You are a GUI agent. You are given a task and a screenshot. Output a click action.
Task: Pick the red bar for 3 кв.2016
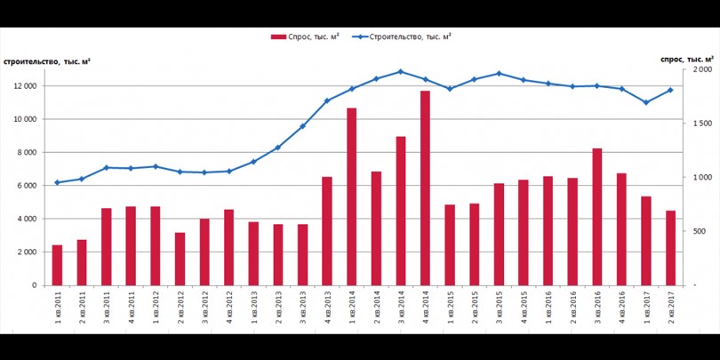pos(596,217)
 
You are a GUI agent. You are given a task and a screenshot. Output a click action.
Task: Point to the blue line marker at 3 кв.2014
pos(400,72)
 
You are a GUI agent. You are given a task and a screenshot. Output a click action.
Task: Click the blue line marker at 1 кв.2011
pos(57,182)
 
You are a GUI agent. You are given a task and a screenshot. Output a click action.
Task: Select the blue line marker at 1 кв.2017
pos(646,102)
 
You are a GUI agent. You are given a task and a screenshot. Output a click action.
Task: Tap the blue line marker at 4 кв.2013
pos(327,100)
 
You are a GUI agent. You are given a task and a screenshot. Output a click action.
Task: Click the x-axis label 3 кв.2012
pos(204,309)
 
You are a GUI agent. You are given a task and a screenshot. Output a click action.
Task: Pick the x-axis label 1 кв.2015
pos(450,309)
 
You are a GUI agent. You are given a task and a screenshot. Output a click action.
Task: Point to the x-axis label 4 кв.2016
pos(621,309)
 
